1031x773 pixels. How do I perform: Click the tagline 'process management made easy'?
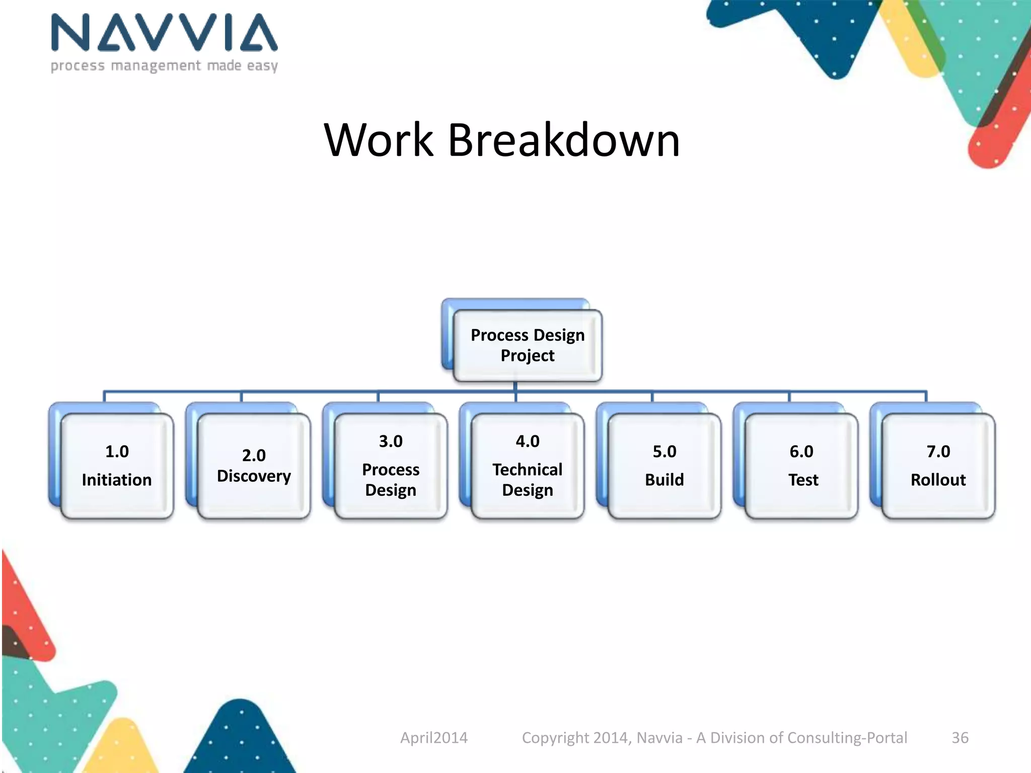click(164, 66)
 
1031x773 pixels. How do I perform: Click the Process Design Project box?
click(527, 345)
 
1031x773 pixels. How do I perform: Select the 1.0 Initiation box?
click(117, 466)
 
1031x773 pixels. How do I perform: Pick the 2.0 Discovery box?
click(254, 466)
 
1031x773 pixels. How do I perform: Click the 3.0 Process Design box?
click(391, 466)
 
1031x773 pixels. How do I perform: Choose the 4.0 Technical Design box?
click(528, 466)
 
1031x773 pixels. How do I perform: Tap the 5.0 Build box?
click(665, 466)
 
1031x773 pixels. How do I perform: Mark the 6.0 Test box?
click(801, 466)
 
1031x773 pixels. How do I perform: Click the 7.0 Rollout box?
click(938, 466)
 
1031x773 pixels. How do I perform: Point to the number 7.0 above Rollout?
click(938, 451)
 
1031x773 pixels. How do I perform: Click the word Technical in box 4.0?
click(528, 470)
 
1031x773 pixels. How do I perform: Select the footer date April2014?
click(434, 738)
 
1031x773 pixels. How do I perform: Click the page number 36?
click(960, 738)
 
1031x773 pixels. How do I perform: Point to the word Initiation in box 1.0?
click(117, 480)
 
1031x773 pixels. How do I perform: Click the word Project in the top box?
click(527, 356)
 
